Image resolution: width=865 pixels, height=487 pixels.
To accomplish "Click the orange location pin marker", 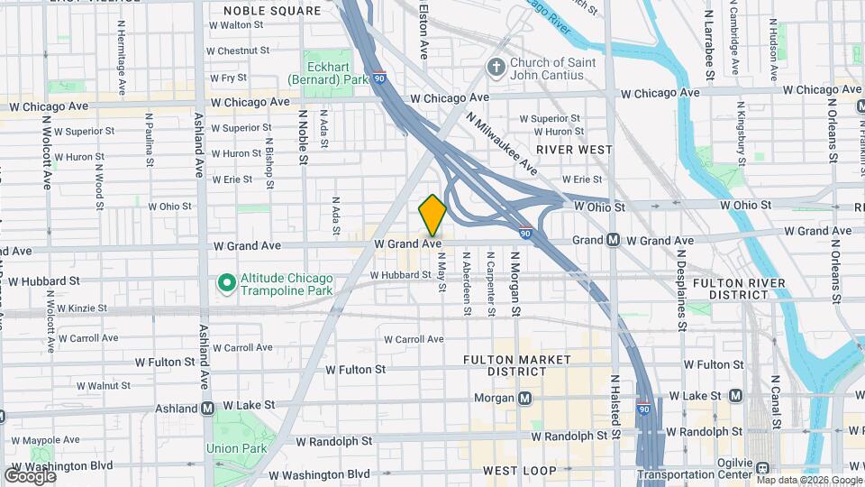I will (x=432, y=216).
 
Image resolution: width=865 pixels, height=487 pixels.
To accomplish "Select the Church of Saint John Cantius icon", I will (x=495, y=68).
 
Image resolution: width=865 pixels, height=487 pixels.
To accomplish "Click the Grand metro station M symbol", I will (x=613, y=240).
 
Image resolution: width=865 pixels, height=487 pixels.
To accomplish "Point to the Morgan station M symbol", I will (x=524, y=398).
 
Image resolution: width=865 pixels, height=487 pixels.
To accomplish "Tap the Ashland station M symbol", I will (x=208, y=408).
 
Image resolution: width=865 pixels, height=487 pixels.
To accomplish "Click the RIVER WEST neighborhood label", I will (x=574, y=149).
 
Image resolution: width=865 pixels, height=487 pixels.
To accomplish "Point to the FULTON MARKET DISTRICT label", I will (x=517, y=365).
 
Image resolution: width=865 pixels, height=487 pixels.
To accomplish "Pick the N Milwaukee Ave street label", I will (x=502, y=144).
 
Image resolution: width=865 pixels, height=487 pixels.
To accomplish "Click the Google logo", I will (x=30, y=475).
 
